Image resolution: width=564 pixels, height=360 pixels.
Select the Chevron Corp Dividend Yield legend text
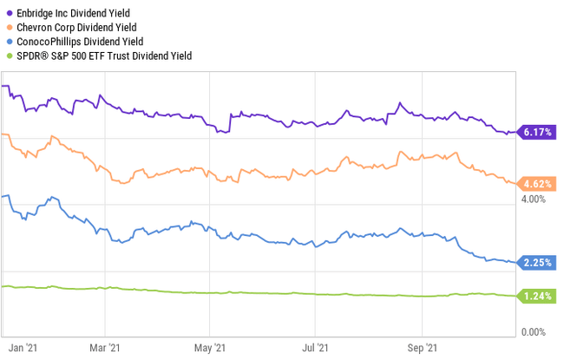(75, 27)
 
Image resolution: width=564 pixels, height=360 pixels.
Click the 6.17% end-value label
(538, 133)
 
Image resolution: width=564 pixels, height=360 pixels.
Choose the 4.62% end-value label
(538, 183)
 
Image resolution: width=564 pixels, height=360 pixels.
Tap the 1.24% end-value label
(538, 297)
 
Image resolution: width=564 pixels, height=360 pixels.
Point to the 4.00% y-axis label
(532, 200)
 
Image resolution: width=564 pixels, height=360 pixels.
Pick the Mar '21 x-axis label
(104, 347)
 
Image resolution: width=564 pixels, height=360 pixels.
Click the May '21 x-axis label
(209, 347)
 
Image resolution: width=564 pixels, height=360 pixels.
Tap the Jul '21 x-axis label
(315, 347)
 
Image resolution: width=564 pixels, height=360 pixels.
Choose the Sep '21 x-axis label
(422, 347)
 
